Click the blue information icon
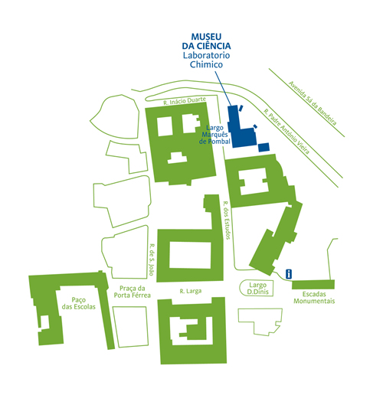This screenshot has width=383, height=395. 289,274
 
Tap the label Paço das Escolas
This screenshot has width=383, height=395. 79,303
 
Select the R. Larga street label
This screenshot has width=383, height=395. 191,291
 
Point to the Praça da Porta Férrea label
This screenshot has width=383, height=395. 132,292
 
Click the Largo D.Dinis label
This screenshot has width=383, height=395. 258,288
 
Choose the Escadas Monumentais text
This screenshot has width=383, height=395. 314,298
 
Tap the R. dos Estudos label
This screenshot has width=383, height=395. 227,220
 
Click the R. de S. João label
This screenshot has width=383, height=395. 152,260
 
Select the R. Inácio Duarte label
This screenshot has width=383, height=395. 185,101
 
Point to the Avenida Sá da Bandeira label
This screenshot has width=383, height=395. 313,103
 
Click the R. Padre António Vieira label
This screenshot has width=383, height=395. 286,132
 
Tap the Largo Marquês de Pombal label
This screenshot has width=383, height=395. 214,135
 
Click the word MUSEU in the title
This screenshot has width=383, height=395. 206,37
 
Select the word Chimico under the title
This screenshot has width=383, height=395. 206,64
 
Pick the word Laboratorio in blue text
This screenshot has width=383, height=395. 206,55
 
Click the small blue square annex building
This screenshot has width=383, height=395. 264,147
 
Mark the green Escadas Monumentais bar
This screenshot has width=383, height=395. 313,285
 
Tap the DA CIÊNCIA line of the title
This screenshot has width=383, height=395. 206,46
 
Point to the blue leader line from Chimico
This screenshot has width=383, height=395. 223,88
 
